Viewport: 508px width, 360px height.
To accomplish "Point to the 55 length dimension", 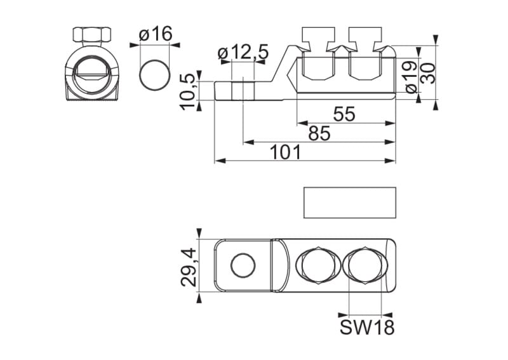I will (x=344, y=114).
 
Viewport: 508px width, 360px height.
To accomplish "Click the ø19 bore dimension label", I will (x=410, y=76).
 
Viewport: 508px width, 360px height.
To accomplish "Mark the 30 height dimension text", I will (x=430, y=72).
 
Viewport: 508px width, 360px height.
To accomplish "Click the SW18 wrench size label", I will (x=367, y=328).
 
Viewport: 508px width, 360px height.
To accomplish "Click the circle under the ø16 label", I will (x=154, y=74).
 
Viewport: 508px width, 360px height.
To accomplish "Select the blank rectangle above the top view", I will (x=350, y=203).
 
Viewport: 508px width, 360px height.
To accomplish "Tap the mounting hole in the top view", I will (x=243, y=265).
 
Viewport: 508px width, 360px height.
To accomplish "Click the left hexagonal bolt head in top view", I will (x=316, y=265).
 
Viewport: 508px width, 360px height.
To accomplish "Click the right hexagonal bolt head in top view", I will (x=364, y=265).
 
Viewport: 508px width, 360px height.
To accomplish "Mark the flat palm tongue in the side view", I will (x=244, y=90).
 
